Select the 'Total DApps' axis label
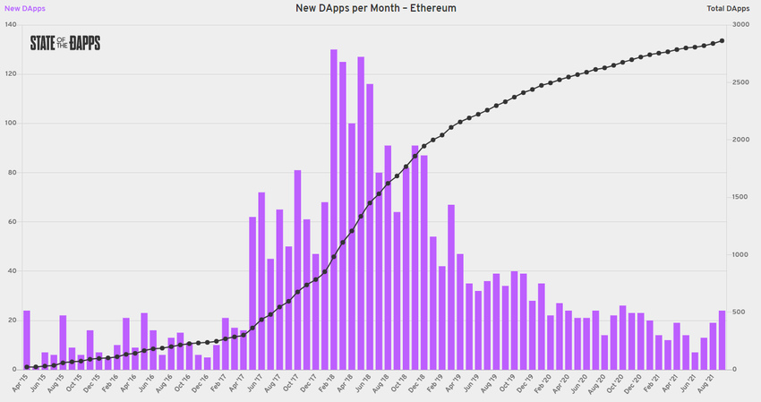pos(727,8)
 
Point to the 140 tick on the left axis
pos(11,24)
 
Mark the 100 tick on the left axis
pos(11,123)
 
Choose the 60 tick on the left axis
pos(12,221)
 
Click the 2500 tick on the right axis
pos(740,82)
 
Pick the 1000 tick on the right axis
pos(740,255)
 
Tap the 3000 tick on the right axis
pos(740,24)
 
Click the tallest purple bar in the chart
pos(334,210)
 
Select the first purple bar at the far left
pos(27,340)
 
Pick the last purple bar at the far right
pos(722,340)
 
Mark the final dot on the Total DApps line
pos(722,41)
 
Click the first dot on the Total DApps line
pos(27,367)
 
